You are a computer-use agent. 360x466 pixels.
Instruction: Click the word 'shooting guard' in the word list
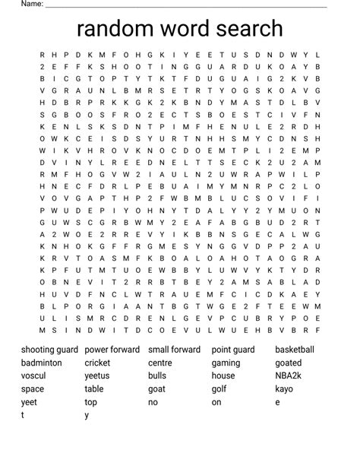click(x=49, y=350)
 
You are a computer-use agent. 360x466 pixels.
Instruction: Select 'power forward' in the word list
click(x=112, y=350)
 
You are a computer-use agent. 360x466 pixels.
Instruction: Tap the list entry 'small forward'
click(x=175, y=350)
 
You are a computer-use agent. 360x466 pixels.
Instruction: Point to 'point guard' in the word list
click(x=233, y=350)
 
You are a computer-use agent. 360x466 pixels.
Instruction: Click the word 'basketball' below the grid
click(x=295, y=350)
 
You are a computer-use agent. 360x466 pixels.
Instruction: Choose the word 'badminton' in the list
click(x=42, y=363)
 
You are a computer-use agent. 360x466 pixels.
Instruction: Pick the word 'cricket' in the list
click(x=98, y=363)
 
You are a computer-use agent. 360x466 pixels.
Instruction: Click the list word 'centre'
click(x=160, y=363)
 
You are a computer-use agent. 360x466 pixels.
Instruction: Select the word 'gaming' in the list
click(x=226, y=363)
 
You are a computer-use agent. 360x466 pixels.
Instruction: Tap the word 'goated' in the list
click(x=289, y=363)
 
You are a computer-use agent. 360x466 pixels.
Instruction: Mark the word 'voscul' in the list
click(x=33, y=376)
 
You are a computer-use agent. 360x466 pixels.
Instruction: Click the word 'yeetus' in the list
click(x=97, y=376)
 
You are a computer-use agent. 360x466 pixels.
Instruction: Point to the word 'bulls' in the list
click(x=157, y=376)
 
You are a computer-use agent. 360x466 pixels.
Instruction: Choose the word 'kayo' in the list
click(x=284, y=388)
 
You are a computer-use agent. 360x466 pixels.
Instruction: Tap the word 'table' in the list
click(x=94, y=388)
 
